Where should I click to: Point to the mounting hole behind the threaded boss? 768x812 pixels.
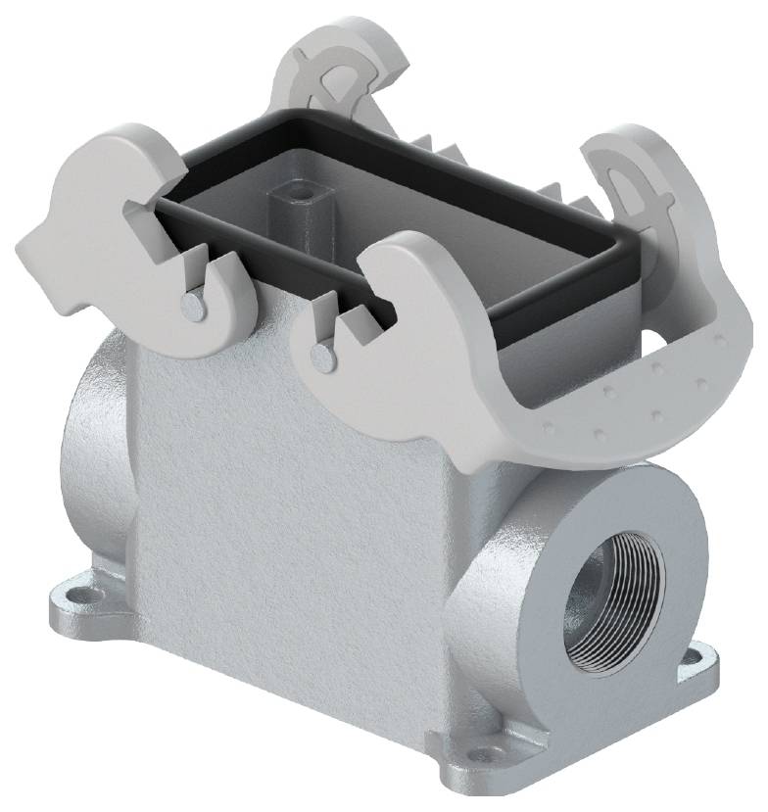701,654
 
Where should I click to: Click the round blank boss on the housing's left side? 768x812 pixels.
93,431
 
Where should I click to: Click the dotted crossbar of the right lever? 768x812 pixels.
627,402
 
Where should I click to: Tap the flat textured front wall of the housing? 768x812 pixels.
284,490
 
